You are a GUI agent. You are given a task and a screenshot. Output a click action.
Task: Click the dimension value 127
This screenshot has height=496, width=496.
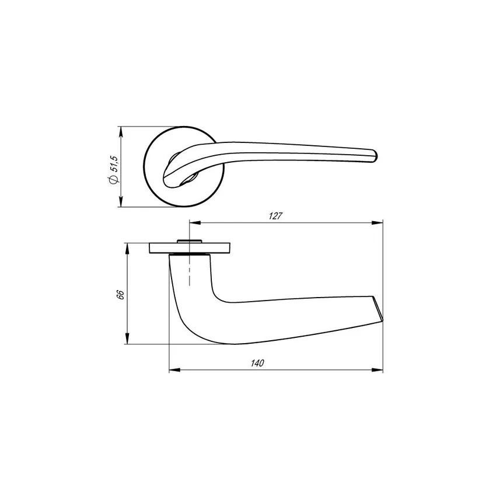275,216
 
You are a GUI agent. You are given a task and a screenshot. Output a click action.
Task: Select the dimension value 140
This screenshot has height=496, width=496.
257,363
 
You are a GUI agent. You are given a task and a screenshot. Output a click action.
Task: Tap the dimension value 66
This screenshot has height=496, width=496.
121,295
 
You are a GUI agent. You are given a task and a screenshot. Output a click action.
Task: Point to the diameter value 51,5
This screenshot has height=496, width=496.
114,164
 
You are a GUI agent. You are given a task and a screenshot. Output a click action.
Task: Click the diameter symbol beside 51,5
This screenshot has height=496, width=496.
114,180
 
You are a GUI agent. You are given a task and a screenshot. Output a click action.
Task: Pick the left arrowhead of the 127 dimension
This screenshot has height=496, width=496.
195,223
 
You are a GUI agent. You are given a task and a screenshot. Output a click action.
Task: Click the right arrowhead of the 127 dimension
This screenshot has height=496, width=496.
377,223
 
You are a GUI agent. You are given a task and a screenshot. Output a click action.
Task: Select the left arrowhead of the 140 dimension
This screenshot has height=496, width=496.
175,370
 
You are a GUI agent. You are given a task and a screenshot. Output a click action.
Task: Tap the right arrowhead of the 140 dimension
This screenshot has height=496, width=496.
377,370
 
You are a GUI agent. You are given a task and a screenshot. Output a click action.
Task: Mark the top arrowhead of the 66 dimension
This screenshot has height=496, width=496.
127,249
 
